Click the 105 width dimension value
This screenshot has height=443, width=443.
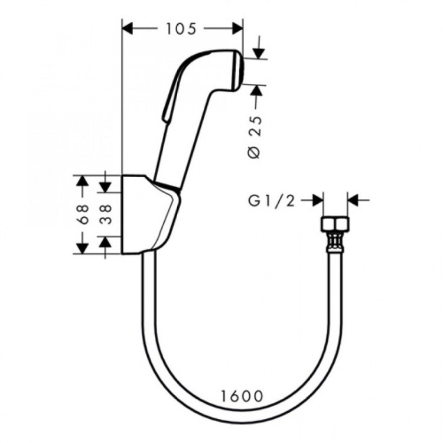click(182, 27)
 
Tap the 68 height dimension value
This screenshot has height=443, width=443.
click(83, 213)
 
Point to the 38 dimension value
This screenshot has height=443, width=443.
click(105, 213)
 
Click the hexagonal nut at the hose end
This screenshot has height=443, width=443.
click(335, 225)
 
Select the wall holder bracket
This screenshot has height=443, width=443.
click(148, 216)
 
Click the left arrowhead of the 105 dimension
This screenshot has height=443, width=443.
click(127, 27)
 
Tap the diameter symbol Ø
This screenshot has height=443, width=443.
click(255, 152)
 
